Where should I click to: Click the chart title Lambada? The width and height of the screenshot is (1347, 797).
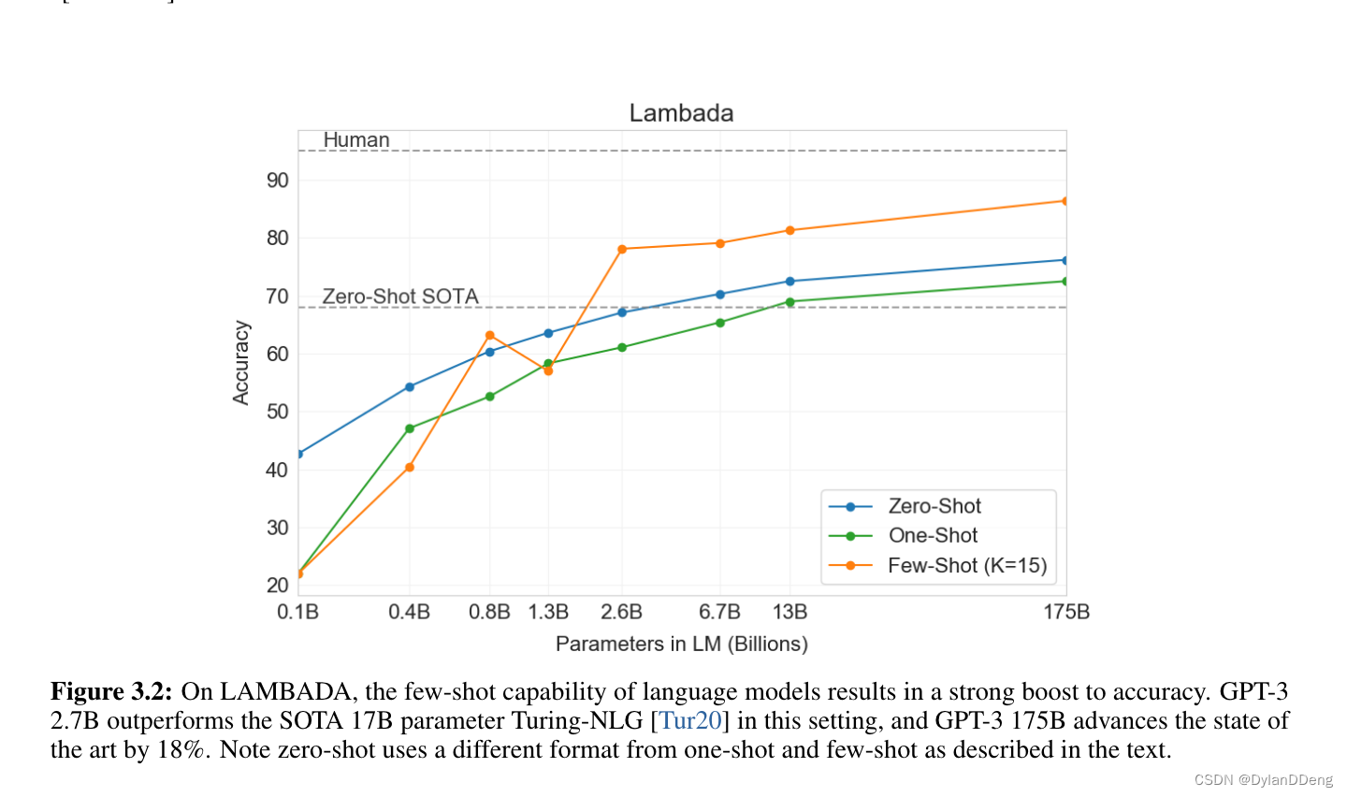point(681,113)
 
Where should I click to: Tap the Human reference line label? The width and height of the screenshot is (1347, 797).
point(355,140)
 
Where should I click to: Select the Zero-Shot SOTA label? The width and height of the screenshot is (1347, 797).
point(400,297)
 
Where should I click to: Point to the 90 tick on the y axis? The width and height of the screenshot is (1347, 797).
point(278,181)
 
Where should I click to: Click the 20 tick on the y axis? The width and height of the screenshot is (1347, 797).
point(278,586)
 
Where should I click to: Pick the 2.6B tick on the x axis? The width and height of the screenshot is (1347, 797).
point(621,612)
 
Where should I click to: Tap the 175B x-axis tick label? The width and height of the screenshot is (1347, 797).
point(1066,612)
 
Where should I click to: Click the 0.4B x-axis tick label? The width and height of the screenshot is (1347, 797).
point(409,612)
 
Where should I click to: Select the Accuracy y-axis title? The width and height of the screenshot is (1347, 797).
point(241,363)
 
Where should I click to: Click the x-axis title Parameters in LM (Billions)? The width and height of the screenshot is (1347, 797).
point(681,644)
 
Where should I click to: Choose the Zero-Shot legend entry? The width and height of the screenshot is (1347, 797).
point(934,506)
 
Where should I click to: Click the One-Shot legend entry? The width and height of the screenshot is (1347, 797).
point(932,536)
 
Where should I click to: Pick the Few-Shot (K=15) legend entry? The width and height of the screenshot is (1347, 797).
point(966,566)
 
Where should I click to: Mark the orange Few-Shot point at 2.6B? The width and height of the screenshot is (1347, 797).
point(622,249)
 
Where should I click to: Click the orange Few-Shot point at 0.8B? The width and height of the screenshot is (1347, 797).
point(490,336)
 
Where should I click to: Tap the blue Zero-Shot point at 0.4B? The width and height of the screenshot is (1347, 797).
point(410,386)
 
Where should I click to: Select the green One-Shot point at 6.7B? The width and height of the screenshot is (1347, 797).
point(720,323)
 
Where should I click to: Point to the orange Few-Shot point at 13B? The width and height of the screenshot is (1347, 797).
point(790,230)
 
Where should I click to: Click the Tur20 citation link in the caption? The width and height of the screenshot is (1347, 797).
point(690,721)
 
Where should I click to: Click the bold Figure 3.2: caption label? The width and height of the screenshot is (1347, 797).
point(111,692)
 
